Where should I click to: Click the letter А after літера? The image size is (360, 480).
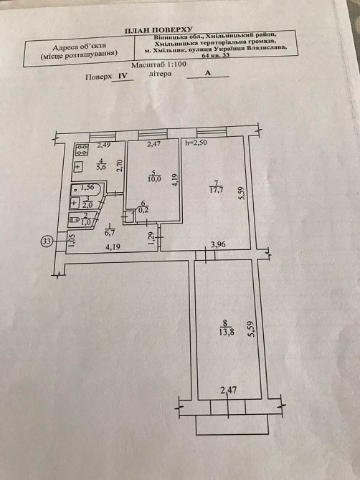pos(208,73)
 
